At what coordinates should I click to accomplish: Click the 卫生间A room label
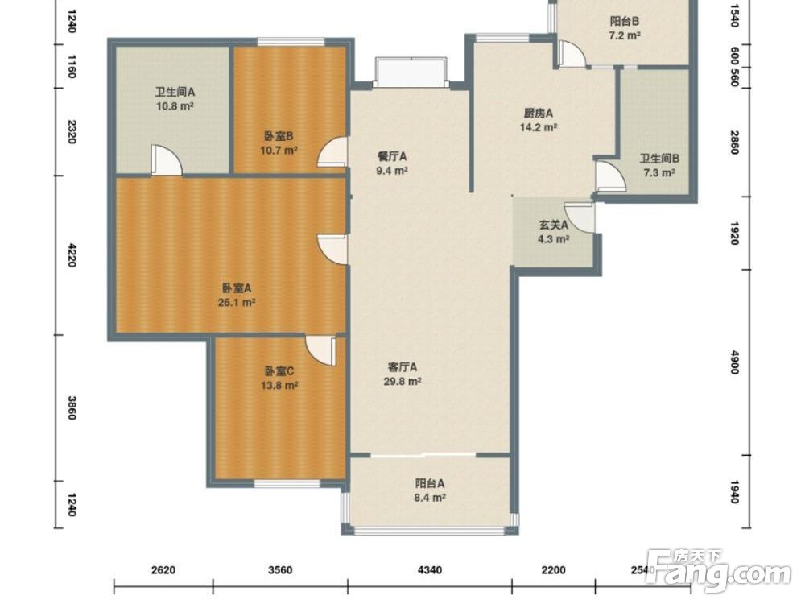pyautogui.click(x=175, y=93)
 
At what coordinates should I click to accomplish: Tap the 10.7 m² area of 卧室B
pyautogui.click(x=279, y=151)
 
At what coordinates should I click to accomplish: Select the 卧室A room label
pyautogui.click(x=237, y=288)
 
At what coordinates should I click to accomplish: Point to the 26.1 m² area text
pyautogui.click(x=237, y=303)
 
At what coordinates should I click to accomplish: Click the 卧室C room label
pyautogui.click(x=279, y=370)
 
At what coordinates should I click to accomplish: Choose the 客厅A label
pyautogui.click(x=402, y=367)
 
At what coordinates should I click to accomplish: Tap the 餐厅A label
pyautogui.click(x=392, y=156)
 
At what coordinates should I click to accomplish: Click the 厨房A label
pyautogui.click(x=538, y=113)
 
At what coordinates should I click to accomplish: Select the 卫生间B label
pyautogui.click(x=659, y=159)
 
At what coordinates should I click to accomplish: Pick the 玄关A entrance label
pyautogui.click(x=554, y=225)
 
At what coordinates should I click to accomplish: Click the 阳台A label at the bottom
pyautogui.click(x=430, y=483)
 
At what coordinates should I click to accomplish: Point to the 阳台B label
pyautogui.click(x=625, y=21)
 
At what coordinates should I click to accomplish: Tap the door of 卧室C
pyautogui.click(x=321, y=351)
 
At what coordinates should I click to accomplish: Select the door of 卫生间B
pyautogui.click(x=610, y=176)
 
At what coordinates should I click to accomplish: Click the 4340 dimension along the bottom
pyautogui.click(x=430, y=569)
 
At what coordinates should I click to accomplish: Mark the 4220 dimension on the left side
pyautogui.click(x=72, y=255)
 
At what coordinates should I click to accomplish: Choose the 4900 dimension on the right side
pyautogui.click(x=734, y=362)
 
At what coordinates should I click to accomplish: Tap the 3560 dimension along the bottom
pyautogui.click(x=280, y=569)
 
